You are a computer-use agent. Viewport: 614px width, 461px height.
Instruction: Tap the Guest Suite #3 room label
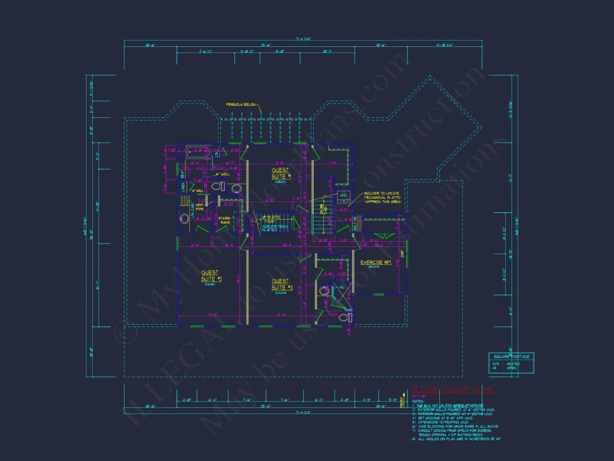tap(281, 284)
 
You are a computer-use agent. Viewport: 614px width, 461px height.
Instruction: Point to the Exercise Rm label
tap(375, 263)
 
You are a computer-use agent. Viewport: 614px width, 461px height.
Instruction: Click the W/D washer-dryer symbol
tap(343, 196)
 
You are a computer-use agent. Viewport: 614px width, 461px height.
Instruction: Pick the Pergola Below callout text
tap(241, 104)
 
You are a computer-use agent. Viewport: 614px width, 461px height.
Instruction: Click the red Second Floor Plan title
tap(454, 389)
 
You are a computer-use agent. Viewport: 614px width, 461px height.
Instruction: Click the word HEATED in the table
tap(512, 364)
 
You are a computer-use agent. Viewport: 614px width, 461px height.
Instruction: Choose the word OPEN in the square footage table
tap(511, 369)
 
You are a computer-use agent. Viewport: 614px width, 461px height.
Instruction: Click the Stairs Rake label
tap(224, 220)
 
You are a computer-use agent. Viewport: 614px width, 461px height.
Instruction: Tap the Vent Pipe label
tap(199, 207)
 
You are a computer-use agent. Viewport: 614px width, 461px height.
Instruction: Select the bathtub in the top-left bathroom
tap(198, 151)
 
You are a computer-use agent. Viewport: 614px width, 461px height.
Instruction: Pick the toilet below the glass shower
tap(351, 317)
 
